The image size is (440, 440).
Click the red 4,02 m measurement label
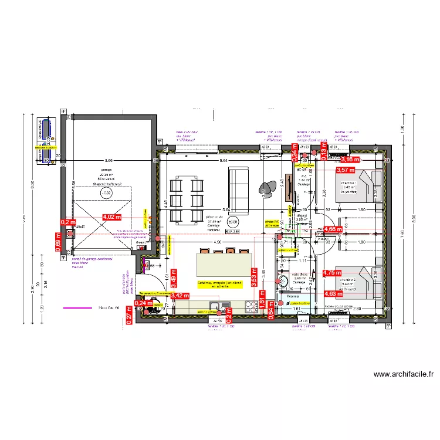point(111,216)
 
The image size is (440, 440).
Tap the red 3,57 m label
point(345,170)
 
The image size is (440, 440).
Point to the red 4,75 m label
point(331,273)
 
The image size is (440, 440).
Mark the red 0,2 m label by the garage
point(68,222)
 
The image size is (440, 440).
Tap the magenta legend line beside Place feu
point(77,307)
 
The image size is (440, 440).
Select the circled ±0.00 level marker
point(233,222)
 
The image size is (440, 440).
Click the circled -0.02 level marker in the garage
point(106,192)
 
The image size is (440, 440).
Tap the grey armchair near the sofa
point(270,187)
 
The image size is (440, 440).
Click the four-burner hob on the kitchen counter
point(252,305)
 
